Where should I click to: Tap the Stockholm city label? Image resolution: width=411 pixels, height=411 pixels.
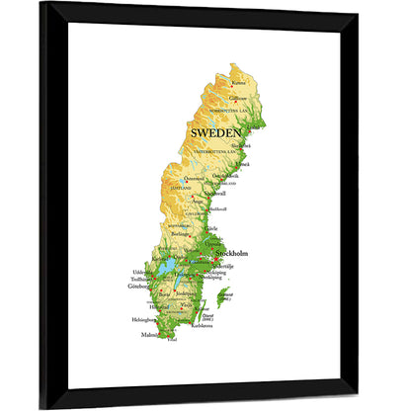click(230, 254)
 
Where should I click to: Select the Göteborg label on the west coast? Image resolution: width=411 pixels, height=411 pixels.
click(139, 287)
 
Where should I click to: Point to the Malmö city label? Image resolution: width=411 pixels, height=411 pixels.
click(148, 335)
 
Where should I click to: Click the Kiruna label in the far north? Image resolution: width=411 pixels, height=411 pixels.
click(238, 84)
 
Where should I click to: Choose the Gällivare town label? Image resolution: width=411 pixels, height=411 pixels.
click(238, 99)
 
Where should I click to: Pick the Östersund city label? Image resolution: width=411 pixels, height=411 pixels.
click(195, 179)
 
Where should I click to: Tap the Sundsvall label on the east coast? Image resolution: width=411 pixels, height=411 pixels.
click(215, 194)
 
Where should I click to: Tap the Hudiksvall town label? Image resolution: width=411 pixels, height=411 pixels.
click(216, 208)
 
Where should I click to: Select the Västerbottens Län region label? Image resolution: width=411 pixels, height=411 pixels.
click(216, 152)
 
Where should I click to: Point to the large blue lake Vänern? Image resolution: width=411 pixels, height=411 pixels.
click(169, 268)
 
